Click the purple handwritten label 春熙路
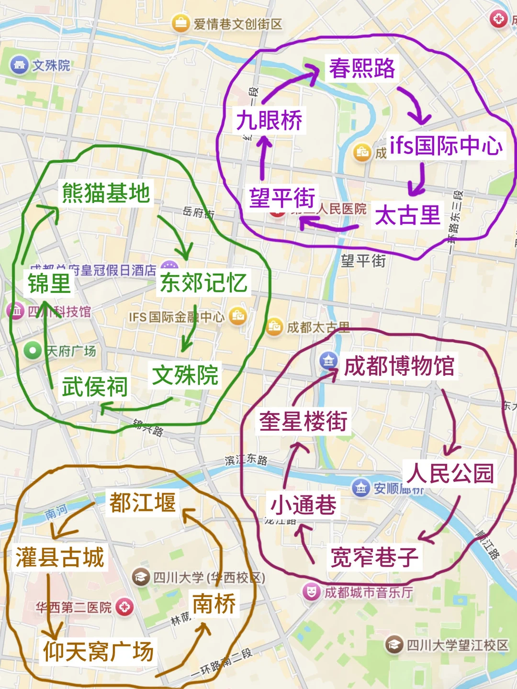(362, 68)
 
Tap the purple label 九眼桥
(269, 120)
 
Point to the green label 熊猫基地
(106, 193)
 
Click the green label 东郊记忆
(203, 283)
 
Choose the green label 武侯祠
(95, 386)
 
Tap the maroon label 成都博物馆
(399, 367)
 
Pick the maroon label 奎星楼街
(303, 422)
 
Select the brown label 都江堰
(143, 502)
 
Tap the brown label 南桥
(214, 604)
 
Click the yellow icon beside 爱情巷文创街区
(180, 23)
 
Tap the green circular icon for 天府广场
(33, 351)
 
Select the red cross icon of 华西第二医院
(124, 607)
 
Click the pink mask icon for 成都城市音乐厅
(311, 592)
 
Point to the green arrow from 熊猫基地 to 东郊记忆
(177, 237)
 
